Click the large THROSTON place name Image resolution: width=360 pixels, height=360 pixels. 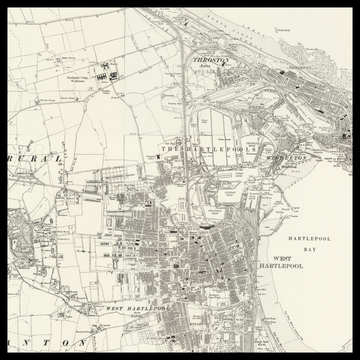[x=210, y=60]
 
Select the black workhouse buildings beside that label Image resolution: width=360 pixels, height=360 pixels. [x=111, y=75]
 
